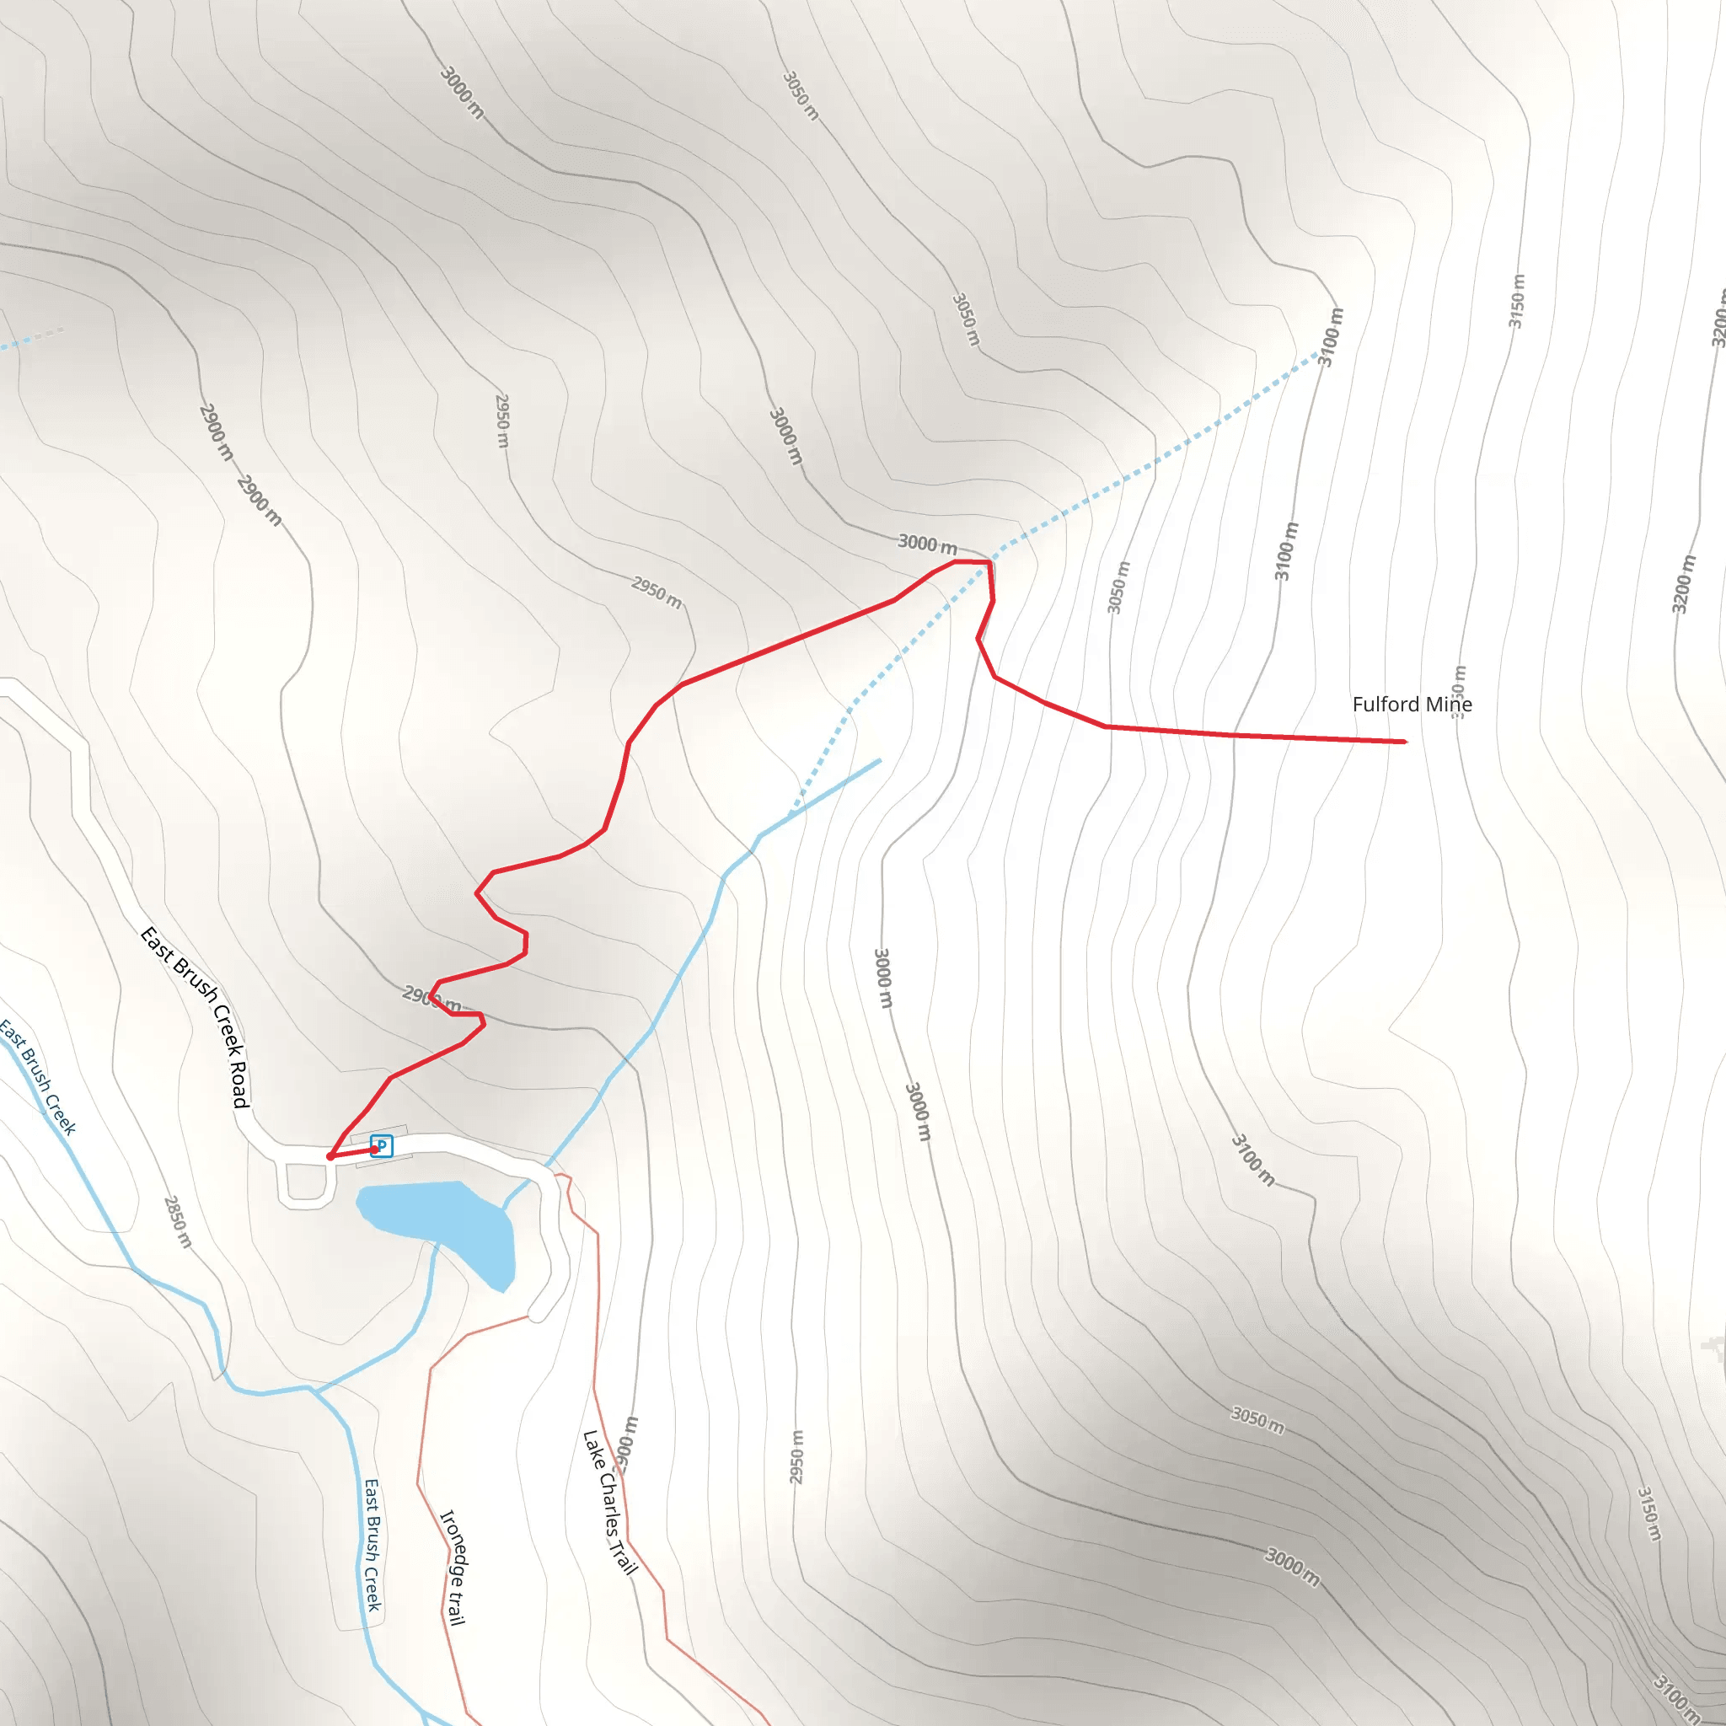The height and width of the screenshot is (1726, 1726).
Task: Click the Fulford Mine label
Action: (x=1412, y=705)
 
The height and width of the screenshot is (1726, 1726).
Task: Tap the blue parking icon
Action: (x=382, y=1145)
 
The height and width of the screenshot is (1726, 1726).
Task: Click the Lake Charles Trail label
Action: (x=610, y=1502)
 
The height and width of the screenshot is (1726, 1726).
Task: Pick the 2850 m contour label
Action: (x=178, y=1221)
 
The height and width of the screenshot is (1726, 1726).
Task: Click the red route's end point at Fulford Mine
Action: (x=1404, y=742)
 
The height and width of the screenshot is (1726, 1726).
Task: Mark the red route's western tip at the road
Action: (x=330, y=1157)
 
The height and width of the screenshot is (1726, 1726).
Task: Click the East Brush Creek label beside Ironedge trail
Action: (x=373, y=1545)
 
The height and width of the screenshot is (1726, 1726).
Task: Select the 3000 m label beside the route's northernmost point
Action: (x=927, y=544)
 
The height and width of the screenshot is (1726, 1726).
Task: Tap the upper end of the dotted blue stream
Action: (x=1319, y=354)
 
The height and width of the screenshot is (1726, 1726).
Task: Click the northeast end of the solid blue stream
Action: (x=879, y=761)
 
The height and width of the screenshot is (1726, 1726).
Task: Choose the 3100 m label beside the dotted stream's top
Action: (x=1331, y=337)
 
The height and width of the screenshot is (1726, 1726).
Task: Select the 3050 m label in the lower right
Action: (x=1258, y=1419)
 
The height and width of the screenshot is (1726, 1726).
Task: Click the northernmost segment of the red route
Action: (x=972, y=562)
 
